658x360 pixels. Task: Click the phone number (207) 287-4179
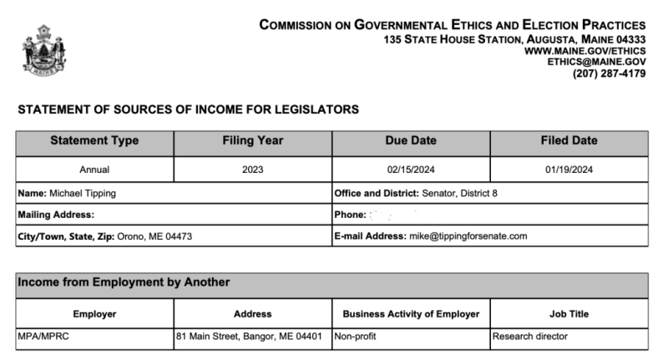click(609, 74)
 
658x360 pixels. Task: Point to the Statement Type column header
click(94, 141)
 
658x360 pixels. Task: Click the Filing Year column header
click(253, 141)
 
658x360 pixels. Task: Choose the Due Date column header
click(410, 141)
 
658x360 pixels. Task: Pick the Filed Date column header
click(569, 141)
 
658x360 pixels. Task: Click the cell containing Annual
click(94, 170)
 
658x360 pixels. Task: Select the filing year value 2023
click(252, 170)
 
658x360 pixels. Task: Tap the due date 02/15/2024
click(410, 170)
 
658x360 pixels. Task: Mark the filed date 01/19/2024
click(569, 170)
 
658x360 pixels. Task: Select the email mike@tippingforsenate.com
click(468, 236)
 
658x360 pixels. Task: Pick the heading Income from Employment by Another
click(124, 282)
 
